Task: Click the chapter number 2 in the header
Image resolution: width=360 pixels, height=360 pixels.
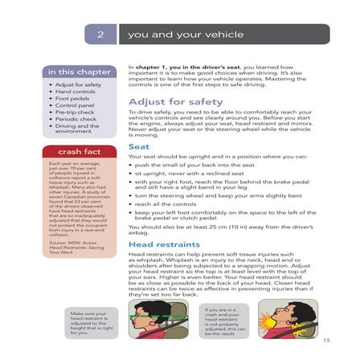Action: coord(101,35)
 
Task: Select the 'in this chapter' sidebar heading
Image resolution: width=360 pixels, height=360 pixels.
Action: coord(75,72)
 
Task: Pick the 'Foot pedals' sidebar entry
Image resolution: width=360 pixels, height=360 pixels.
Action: coord(75,98)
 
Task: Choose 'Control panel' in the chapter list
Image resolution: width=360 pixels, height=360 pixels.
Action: coord(77,105)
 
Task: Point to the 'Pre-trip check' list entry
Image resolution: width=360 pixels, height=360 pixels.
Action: coord(77,112)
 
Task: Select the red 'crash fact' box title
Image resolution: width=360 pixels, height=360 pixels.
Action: coord(75,152)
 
